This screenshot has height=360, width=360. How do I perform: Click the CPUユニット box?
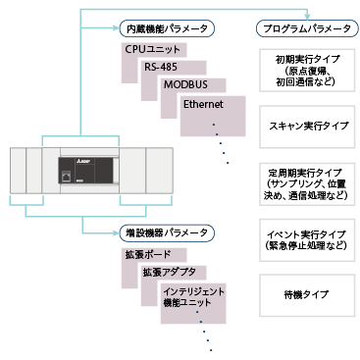(x=154, y=49)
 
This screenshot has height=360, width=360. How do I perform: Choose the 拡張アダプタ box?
(x=168, y=272)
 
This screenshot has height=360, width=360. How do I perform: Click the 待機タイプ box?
(x=309, y=292)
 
